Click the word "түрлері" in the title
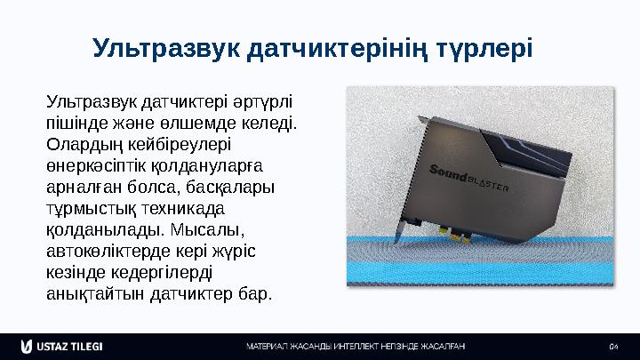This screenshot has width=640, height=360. tap(484, 45)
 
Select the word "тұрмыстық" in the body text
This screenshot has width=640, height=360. tap(88, 207)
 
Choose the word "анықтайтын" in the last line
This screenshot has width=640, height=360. tap(90, 292)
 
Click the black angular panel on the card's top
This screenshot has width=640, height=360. tap(524, 148)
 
